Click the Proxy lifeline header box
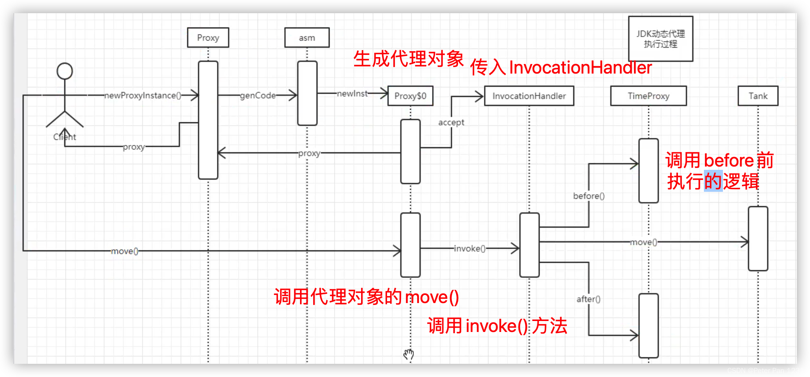tap(208, 38)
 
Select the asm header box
tap(307, 38)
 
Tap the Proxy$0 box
tap(410, 96)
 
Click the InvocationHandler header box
tap(529, 96)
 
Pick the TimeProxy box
tap(648, 96)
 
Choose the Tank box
tap(758, 96)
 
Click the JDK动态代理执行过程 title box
tap(660, 39)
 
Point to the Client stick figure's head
tap(65, 71)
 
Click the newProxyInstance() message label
tap(143, 96)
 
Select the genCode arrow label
tap(258, 96)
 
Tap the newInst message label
tap(352, 94)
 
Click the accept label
tap(451, 123)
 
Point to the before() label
tap(589, 196)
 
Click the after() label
tap(588, 299)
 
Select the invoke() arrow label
tap(470, 249)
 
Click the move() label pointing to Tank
tap(644, 242)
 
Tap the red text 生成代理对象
tap(408, 59)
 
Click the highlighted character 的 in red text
tap(713, 181)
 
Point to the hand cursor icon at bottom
tap(409, 354)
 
